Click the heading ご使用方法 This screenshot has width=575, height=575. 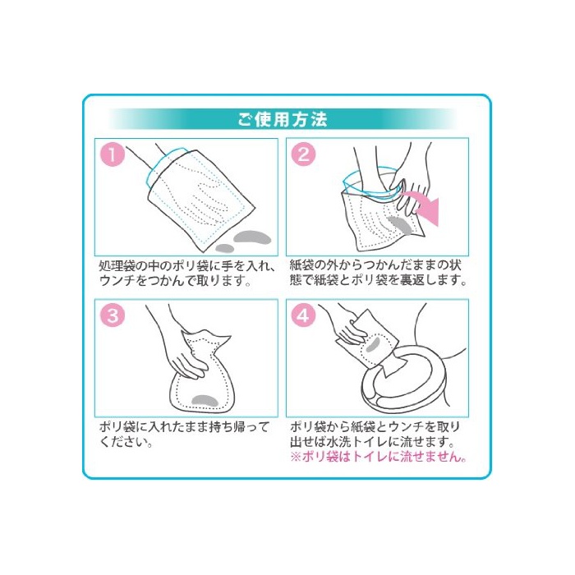(282, 120)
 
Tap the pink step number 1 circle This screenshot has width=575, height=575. (113, 154)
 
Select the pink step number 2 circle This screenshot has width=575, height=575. (304, 154)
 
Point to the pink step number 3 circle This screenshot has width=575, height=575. (113, 315)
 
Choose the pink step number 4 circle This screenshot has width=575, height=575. (304, 315)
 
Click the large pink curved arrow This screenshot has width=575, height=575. (425, 205)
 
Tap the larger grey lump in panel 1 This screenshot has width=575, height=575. (252, 237)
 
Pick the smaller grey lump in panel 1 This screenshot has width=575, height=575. (224, 248)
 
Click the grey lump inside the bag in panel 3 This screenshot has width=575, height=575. (205, 400)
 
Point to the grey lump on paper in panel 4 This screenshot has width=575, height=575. (373, 344)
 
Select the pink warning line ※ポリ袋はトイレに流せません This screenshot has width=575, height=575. (379, 457)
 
